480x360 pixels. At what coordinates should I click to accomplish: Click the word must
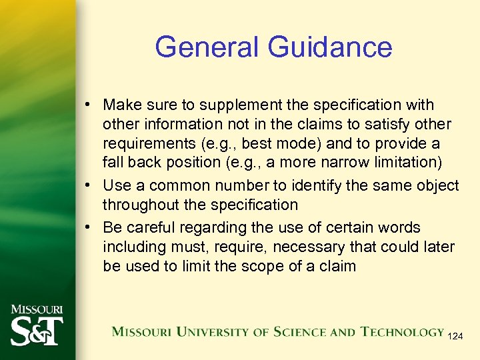point(177,247)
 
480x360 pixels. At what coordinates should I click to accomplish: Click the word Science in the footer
point(296,331)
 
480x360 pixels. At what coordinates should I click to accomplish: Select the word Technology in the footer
point(403,331)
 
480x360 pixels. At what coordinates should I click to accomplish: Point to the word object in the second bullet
point(439,186)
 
